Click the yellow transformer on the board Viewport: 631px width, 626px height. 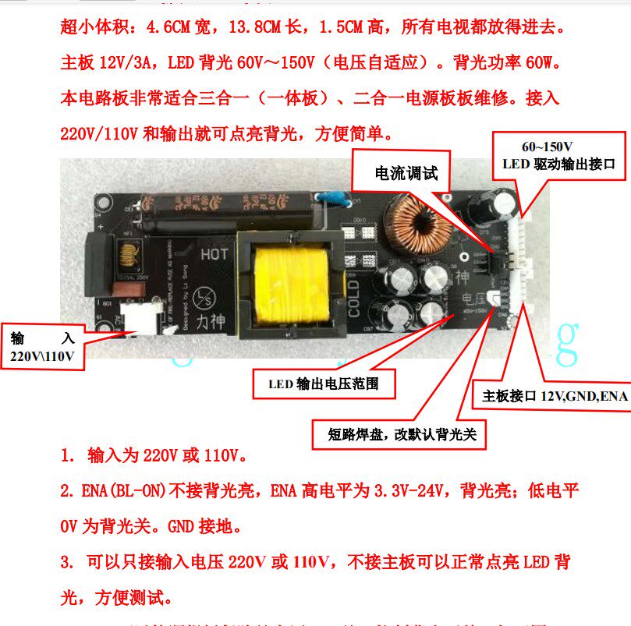click(x=286, y=282)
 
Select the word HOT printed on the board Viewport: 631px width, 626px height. click(x=214, y=254)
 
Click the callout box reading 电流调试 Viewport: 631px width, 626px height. click(x=406, y=173)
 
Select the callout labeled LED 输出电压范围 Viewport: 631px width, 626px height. click(x=323, y=384)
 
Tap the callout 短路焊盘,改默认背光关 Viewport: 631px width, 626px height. click(x=396, y=434)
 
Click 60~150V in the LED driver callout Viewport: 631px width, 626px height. click(x=548, y=147)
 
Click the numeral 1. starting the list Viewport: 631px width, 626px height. click(x=69, y=454)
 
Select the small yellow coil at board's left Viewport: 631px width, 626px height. click(x=126, y=251)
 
